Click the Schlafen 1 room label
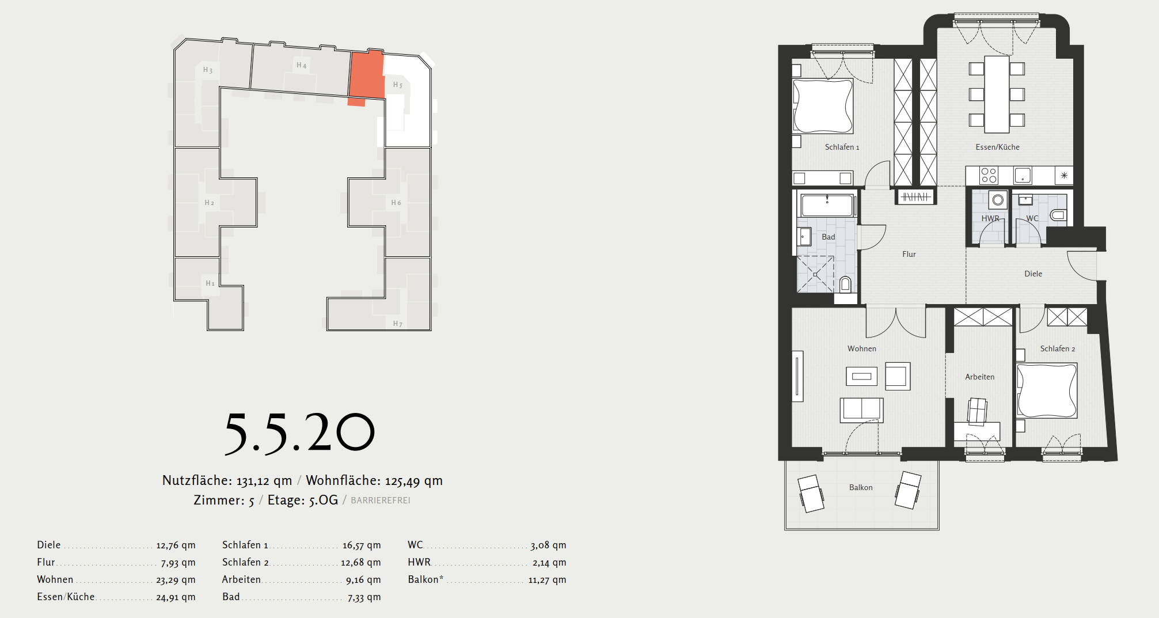(x=842, y=147)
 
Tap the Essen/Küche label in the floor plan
(x=997, y=147)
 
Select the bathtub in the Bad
(x=827, y=205)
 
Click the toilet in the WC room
(x=1058, y=216)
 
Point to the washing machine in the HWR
(x=998, y=200)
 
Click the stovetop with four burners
(x=989, y=175)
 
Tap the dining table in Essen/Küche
(x=997, y=94)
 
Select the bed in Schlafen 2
(x=1047, y=390)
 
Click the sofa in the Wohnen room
(x=861, y=410)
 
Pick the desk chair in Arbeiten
(x=977, y=411)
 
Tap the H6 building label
(x=396, y=203)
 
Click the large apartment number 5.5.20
(x=299, y=433)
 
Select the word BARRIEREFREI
(x=381, y=501)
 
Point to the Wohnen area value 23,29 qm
(x=176, y=580)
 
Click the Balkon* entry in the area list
(x=425, y=579)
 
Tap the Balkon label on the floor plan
(x=861, y=487)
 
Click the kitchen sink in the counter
(x=1023, y=175)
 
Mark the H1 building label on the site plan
(x=210, y=283)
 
